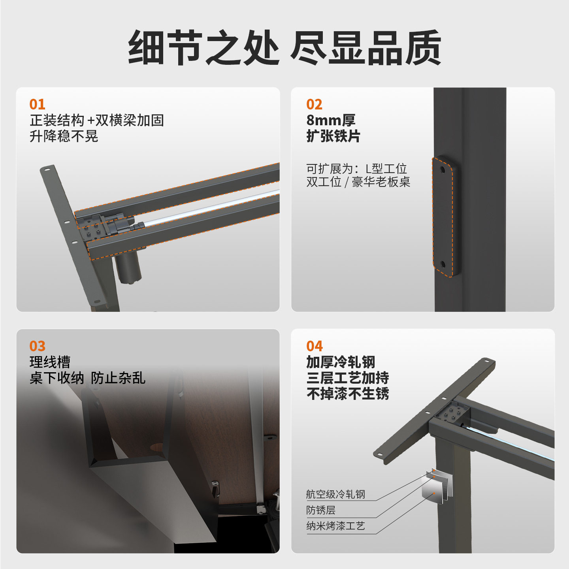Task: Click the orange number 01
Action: coord(37,104)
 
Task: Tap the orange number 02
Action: coord(314,104)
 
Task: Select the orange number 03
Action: coord(37,346)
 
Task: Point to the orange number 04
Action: coord(315,346)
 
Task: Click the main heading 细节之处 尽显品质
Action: coord(284,47)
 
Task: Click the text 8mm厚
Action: coord(331,120)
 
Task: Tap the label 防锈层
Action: coord(321,510)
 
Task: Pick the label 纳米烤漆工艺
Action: coord(335,526)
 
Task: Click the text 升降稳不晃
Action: coord(64,136)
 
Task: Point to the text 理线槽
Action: coord(50,362)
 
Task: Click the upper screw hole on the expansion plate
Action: coord(442,170)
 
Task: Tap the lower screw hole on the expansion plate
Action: coord(442,264)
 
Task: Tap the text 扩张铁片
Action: coord(333,136)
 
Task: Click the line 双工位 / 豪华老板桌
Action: coord(358,182)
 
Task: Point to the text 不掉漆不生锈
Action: coord(348,394)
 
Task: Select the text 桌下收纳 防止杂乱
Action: coord(87,378)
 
